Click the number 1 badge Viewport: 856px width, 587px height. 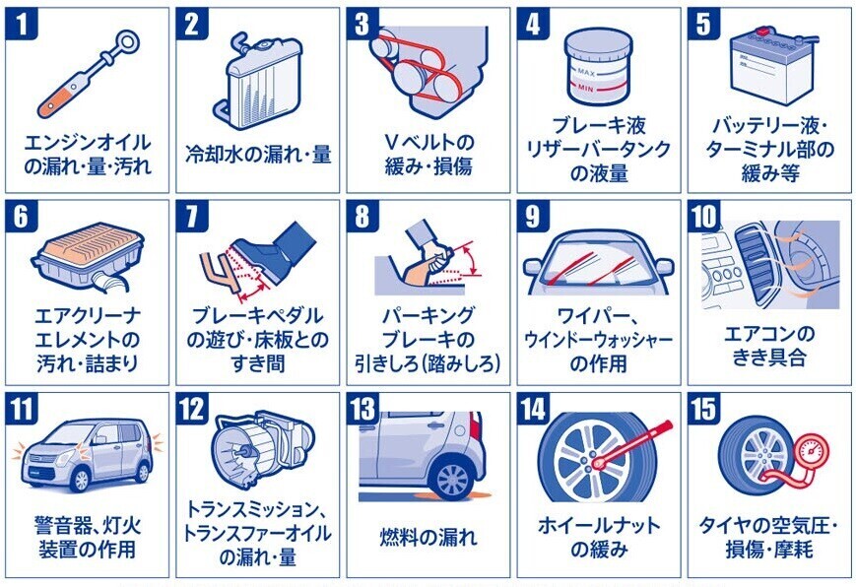[21, 24]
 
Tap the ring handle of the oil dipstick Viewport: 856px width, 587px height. [129, 41]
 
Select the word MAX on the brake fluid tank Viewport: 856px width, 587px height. [586, 72]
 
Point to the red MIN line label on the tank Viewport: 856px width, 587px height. [585, 88]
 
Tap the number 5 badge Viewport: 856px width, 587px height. [703, 24]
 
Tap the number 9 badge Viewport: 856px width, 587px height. [533, 216]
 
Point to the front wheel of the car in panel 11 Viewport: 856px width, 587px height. [80, 480]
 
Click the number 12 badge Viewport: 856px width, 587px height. [192, 408]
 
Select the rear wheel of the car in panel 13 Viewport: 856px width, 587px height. [452, 479]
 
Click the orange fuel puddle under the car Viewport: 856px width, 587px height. [447, 496]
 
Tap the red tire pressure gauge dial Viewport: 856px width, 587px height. [813, 452]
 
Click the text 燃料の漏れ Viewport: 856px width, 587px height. [428, 538]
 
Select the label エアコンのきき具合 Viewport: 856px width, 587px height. [768, 346]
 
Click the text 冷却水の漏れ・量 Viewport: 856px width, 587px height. [258, 155]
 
